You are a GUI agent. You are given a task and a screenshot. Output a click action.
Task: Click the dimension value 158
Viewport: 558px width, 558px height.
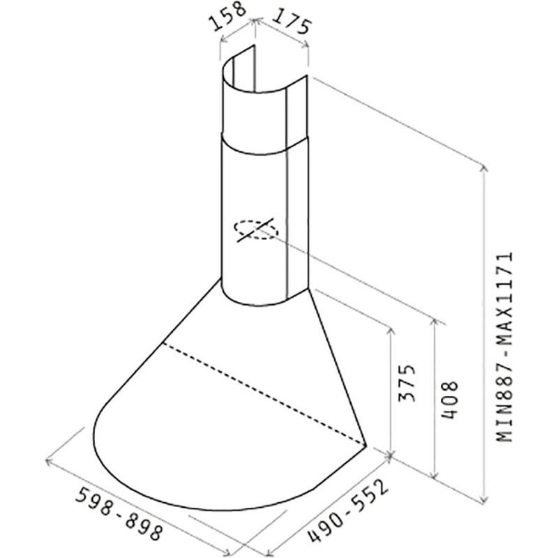pos(229,16)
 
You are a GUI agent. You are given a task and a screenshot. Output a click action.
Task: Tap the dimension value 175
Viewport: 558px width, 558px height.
pos(292,22)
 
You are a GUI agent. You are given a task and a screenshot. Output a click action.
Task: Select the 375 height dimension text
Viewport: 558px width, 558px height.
pos(407,383)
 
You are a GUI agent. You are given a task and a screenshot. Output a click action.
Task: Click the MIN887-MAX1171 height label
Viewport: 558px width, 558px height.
pos(504,347)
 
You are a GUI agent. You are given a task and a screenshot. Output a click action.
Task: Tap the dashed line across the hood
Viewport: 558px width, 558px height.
pos(264,394)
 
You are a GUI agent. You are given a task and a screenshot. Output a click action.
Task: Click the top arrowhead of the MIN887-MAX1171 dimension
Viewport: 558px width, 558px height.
pos(483,169)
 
